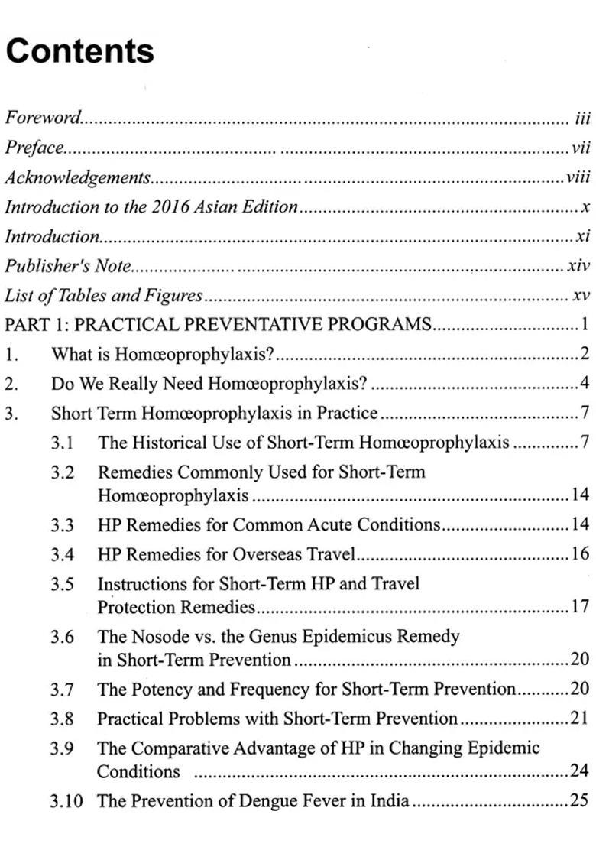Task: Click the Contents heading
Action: coord(79,51)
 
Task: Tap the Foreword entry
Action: coord(43,118)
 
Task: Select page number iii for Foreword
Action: coord(583,118)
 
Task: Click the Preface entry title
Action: coord(34,148)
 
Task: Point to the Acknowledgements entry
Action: coord(77,177)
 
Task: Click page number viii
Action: coord(578,177)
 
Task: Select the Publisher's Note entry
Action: coord(68,266)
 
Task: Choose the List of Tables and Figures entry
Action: coord(104,296)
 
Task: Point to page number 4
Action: coord(584,384)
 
